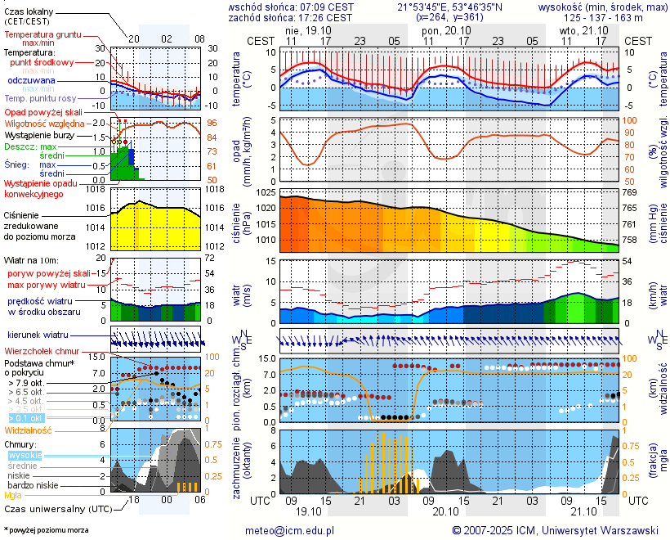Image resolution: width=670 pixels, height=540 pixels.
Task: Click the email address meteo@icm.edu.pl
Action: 290,530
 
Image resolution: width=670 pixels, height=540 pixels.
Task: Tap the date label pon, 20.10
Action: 441,29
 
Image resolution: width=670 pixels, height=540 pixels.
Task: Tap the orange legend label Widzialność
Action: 28,430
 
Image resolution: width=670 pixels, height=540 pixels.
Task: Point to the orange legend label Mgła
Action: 13,495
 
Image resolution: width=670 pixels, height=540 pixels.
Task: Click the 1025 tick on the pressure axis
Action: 263,192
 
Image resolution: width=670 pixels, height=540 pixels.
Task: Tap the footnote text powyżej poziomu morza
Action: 47,530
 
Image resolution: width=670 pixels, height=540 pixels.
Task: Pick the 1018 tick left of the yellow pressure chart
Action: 97,189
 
